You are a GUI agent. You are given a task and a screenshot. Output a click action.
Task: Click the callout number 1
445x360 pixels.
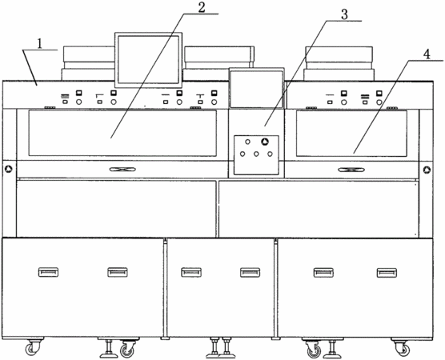tap(40, 44)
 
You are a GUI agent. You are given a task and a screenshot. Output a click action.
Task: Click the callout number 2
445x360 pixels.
tap(201, 8)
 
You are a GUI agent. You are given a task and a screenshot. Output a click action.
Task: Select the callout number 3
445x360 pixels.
tap(344, 14)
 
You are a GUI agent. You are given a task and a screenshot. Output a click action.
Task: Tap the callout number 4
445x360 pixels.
tap(427, 54)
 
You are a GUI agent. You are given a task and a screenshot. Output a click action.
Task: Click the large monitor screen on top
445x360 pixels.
tap(148, 60)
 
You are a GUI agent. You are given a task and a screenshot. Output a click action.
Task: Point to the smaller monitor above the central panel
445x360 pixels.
tap(257, 88)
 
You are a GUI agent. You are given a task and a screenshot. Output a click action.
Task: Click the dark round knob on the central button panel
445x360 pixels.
tap(265, 142)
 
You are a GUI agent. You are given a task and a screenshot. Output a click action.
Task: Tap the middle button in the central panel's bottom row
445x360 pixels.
tap(256, 154)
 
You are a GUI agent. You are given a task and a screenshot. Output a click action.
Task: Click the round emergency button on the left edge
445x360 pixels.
tap(9, 170)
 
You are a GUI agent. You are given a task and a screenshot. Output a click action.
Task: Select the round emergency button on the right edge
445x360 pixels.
tap(427, 170)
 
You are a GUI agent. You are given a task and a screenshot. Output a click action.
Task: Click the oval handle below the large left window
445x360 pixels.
tap(122, 170)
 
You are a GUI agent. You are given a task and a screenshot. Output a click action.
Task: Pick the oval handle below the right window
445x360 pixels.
tap(351, 170)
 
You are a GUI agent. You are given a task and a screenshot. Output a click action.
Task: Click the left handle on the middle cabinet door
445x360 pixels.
tap(191, 272)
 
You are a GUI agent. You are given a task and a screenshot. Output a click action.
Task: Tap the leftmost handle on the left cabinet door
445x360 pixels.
tap(48, 272)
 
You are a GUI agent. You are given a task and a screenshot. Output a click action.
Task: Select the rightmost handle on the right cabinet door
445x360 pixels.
tap(387, 273)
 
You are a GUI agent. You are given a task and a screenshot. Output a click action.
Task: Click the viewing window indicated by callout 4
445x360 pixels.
tap(351, 134)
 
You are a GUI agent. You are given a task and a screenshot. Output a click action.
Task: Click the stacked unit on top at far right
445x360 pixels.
tap(339, 63)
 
